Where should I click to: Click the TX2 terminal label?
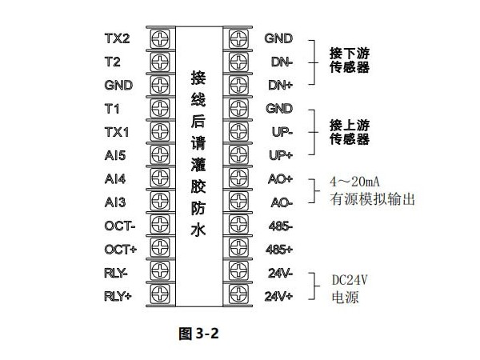[118, 38]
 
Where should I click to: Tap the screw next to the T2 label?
[160, 62]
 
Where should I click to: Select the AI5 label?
[115, 155]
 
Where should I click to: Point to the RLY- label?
[116, 273]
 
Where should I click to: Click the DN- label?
[282, 62]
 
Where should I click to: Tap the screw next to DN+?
[238, 85]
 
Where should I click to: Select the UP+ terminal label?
[281, 155]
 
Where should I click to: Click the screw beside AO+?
[238, 178]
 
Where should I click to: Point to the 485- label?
[281, 226]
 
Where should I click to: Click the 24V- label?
[281, 273]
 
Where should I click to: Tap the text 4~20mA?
[354, 182]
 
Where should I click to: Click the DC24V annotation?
[350, 280]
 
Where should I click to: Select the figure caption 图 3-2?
[198, 333]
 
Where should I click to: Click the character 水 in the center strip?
[198, 230]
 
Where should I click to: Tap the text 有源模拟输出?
[372, 199]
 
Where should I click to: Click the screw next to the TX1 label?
[160, 132]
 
